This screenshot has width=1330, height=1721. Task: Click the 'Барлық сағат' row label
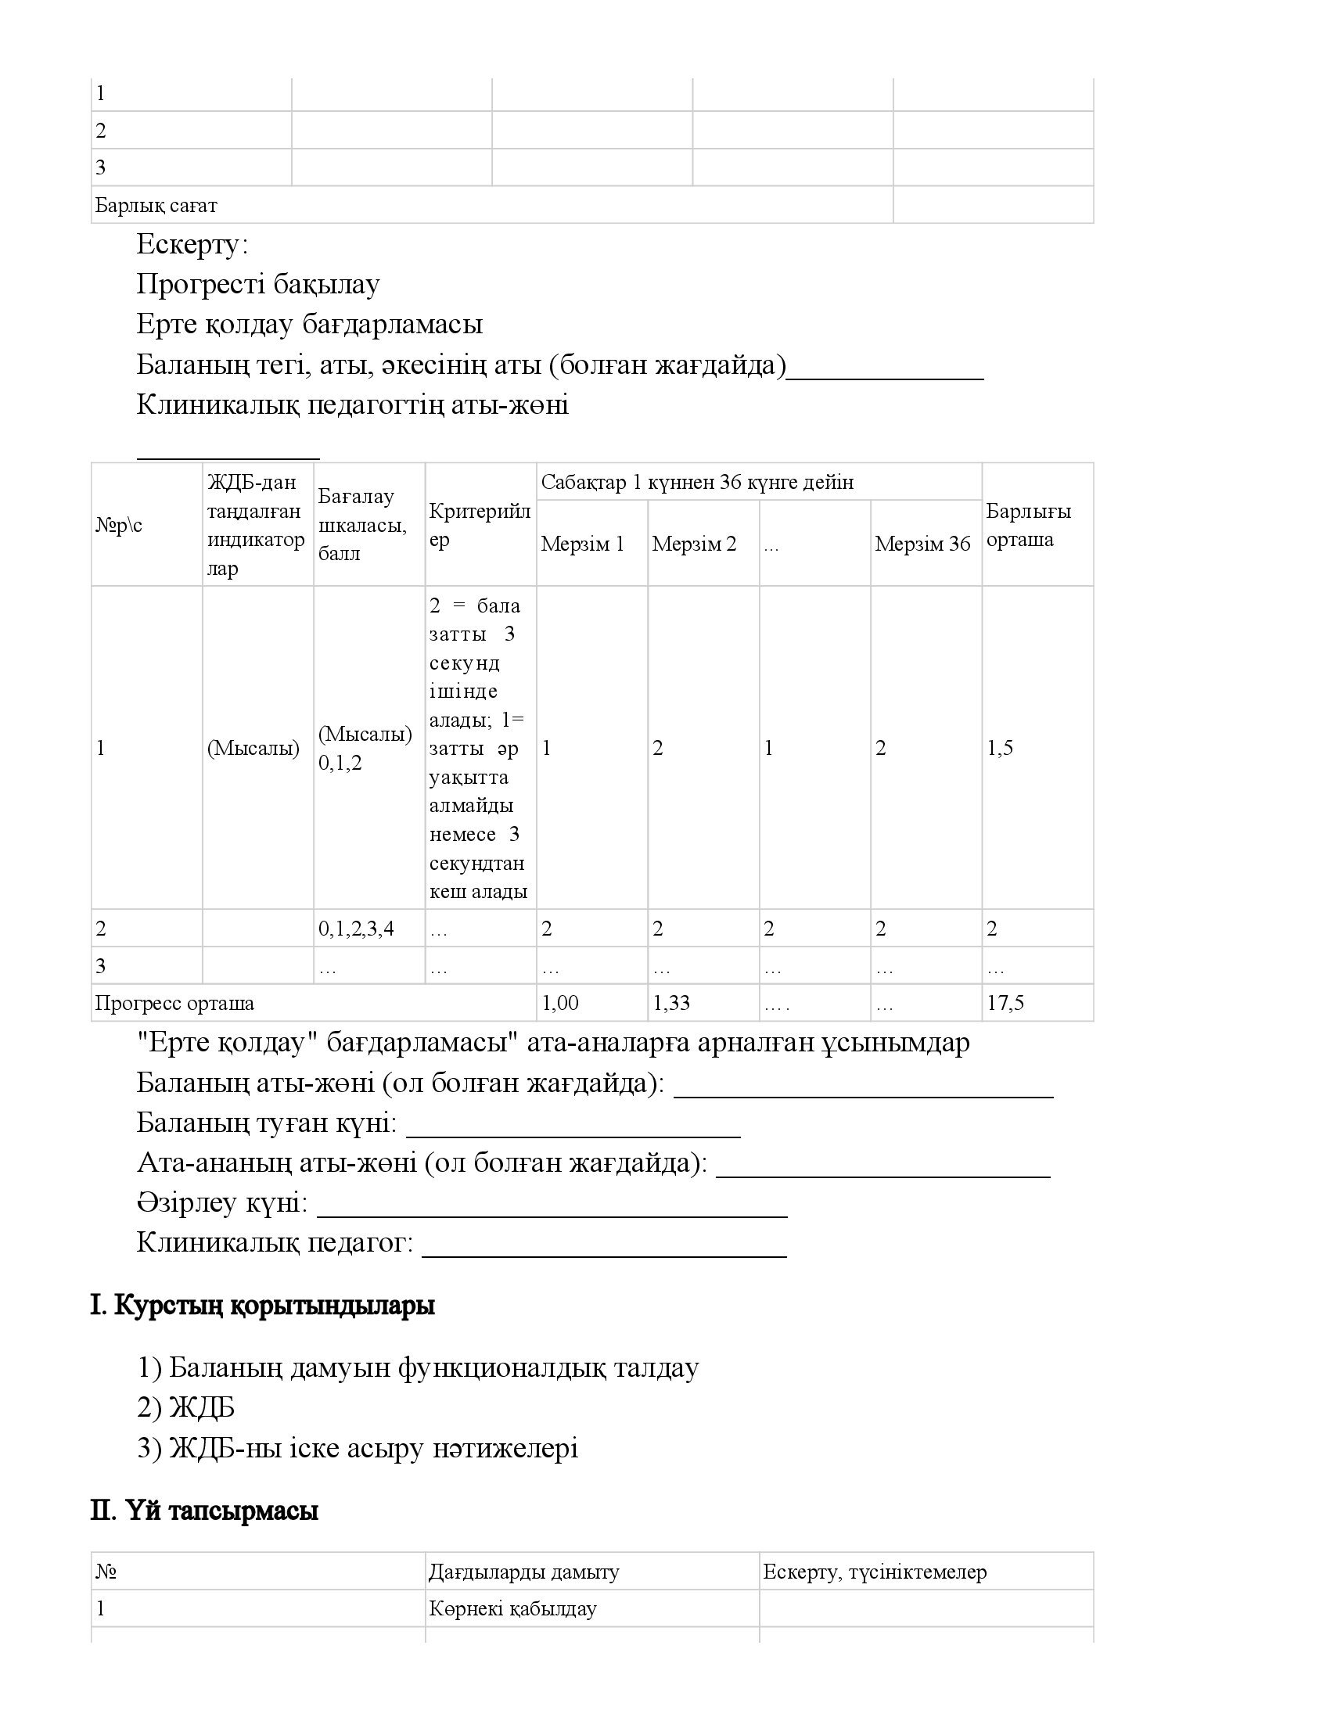pos(156,206)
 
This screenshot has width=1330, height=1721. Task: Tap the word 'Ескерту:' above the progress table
pos(192,245)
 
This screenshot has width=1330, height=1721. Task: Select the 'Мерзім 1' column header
pos(582,544)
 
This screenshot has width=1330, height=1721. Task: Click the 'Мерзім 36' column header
pos(922,544)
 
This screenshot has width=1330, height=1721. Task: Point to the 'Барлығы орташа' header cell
pos(1028,526)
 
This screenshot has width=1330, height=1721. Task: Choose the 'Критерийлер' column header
pos(480,526)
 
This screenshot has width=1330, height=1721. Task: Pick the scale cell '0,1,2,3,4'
pos(356,929)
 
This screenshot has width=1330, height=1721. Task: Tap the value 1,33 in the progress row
pos(670,1003)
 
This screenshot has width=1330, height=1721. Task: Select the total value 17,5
pos(1005,1003)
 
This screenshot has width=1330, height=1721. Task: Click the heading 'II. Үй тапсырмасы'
pos(204,1511)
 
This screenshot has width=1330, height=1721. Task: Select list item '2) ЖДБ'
pos(186,1407)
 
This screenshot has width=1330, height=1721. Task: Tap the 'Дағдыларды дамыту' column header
pos(524,1572)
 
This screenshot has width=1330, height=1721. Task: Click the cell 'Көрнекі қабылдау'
pos(513,1608)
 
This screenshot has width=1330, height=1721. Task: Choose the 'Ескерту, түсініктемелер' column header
pos(875,1572)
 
